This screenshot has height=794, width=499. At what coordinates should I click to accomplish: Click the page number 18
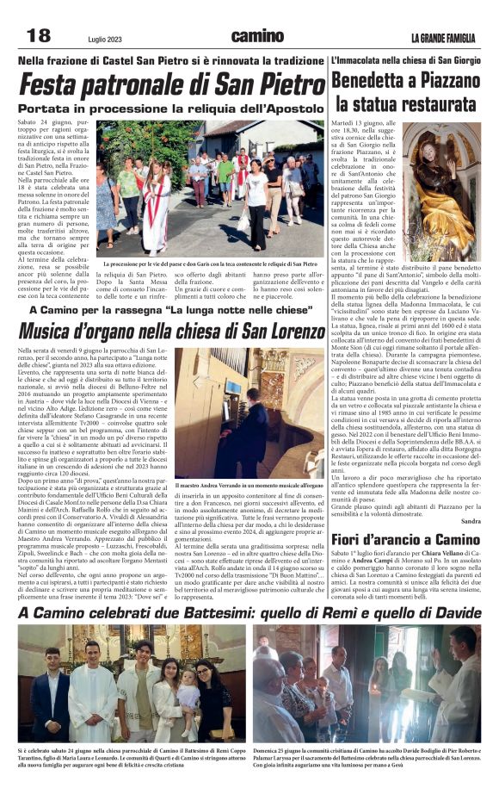coord(39,35)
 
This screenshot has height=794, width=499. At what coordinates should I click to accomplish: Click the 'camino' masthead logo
coord(257,36)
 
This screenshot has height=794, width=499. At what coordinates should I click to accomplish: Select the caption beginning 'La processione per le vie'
coord(211,264)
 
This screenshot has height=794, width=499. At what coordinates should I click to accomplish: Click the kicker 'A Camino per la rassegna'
coord(172,310)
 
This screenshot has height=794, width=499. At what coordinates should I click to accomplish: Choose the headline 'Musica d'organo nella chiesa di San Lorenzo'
coord(172,332)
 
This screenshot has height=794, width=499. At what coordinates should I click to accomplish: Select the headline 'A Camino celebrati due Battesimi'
coord(249,612)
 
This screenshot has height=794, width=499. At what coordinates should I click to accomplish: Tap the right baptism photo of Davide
coord(367,684)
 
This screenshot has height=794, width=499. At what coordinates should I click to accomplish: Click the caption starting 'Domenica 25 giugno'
coord(367,755)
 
